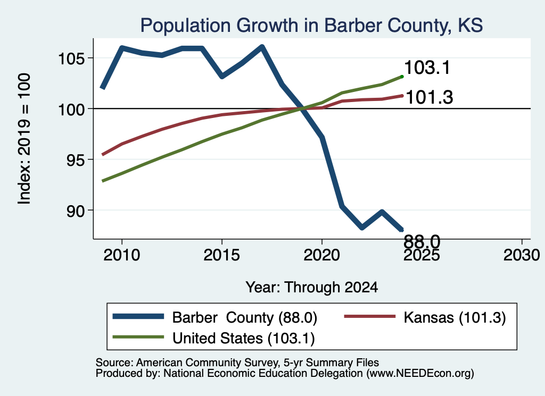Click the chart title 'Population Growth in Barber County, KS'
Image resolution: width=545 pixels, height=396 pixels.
(311, 26)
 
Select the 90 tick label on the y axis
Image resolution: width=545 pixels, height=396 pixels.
(76, 211)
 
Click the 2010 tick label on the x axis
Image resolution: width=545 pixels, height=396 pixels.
(122, 255)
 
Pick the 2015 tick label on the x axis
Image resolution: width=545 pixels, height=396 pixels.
(222, 255)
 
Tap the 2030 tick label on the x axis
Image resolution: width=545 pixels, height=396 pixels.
(522, 255)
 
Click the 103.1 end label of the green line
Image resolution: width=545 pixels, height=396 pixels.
(427, 68)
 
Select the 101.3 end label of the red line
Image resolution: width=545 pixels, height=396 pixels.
(430, 97)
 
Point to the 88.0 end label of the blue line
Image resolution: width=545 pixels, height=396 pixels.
(422, 241)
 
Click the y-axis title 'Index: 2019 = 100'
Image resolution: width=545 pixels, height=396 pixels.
(24, 139)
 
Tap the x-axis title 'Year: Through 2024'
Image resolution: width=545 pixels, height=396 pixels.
(312, 288)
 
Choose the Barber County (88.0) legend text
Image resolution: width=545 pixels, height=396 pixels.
(245, 317)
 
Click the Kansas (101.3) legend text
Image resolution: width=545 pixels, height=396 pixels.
(455, 317)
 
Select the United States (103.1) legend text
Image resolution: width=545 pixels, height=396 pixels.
(244, 339)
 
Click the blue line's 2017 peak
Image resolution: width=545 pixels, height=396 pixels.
(262, 47)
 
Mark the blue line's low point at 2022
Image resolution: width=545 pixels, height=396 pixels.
(362, 228)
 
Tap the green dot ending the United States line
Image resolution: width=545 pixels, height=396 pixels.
(402, 77)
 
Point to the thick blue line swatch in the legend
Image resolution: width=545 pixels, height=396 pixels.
(138, 316)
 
